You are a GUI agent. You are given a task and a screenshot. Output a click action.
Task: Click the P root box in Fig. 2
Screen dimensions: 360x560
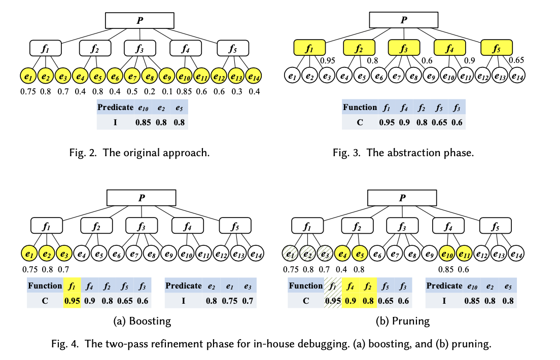click(x=139, y=20)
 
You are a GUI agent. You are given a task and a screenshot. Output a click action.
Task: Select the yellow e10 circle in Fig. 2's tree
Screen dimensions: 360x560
click(x=185, y=76)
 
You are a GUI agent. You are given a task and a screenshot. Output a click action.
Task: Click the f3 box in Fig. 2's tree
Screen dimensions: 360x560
click(x=139, y=48)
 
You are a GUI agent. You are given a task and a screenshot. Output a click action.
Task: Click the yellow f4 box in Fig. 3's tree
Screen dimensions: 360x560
click(x=449, y=48)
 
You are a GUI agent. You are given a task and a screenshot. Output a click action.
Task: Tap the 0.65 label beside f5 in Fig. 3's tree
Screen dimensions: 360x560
click(x=516, y=60)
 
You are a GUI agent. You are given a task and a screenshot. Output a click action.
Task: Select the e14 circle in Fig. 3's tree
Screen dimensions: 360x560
click(x=517, y=76)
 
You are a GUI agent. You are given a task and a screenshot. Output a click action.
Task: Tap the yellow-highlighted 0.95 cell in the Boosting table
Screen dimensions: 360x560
click(x=73, y=301)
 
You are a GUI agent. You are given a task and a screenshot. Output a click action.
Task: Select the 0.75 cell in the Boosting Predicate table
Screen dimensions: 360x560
click(x=229, y=301)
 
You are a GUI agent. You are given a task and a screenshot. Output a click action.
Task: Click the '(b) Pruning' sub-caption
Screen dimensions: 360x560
click(x=402, y=321)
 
